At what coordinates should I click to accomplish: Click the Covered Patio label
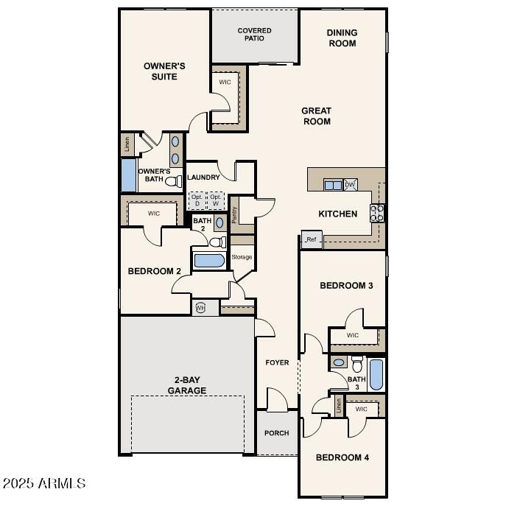coord(254,35)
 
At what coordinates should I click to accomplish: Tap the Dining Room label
coord(342,38)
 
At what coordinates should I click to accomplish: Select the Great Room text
coord(316,116)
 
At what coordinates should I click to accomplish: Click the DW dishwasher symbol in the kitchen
coord(351,185)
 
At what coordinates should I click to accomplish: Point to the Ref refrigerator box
coord(311,239)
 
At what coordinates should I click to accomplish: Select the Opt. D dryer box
coord(197,201)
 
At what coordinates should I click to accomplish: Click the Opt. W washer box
coord(216,201)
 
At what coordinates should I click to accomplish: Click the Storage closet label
coord(242,257)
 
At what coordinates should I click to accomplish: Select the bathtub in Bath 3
coord(376,374)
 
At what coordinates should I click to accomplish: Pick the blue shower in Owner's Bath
coord(128,176)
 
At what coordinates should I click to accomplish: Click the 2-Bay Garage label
coord(186,385)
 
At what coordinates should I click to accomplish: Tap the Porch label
coord(277,433)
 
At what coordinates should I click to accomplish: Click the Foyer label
coord(277,362)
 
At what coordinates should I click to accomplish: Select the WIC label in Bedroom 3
coord(352,335)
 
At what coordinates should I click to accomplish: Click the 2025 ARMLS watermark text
coord(44,483)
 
